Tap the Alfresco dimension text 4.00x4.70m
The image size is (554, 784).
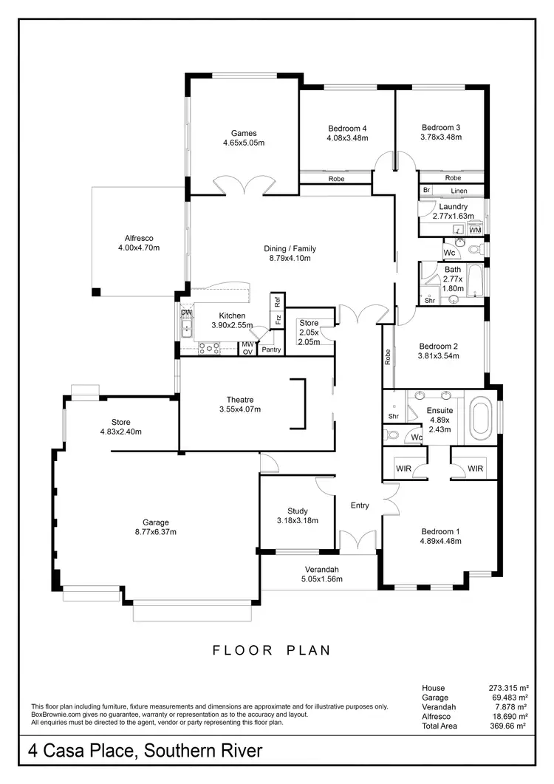coord(138,248)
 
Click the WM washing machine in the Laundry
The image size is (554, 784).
coord(475,231)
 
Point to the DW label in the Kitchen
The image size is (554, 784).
coord(186,313)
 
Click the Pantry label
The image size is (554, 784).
coord(271,350)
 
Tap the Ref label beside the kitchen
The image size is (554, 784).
coord(278,301)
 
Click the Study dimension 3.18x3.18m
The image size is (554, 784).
coord(298,520)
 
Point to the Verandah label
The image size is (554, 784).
coord(321,569)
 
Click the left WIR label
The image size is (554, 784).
coord(403,468)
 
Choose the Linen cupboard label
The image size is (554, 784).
coord(459,191)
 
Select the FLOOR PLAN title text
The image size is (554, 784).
coord(272,650)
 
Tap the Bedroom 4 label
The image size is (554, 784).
coord(346,129)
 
